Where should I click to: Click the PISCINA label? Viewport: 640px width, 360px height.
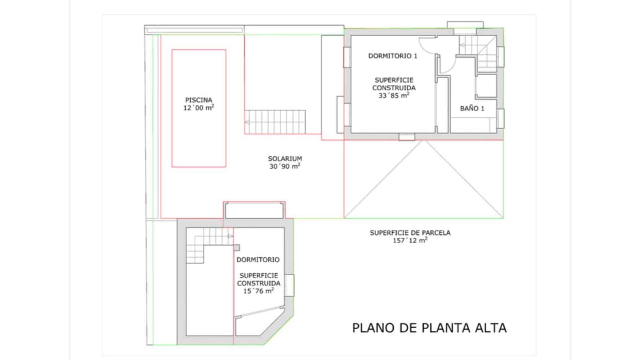coord(198,100)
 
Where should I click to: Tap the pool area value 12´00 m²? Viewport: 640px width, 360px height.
coord(198,108)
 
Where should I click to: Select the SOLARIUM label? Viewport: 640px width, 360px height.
coord(285,158)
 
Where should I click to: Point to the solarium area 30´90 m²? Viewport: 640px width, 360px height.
coord(285,166)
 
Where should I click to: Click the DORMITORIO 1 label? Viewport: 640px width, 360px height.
coord(392,56)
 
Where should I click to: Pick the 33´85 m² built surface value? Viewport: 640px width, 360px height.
coord(394,96)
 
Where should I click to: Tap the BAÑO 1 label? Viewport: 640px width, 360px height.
coord(472,108)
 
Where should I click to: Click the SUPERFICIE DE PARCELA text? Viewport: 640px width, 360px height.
coord(410,232)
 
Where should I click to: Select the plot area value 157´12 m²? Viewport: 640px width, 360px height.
coord(410,240)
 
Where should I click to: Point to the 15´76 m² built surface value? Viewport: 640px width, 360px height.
coord(258,291)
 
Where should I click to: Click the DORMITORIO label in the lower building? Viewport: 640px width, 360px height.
coord(258,260)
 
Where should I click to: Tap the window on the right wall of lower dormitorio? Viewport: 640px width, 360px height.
coord(290,285)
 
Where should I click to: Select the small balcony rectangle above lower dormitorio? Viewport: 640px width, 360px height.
coord(254,210)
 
